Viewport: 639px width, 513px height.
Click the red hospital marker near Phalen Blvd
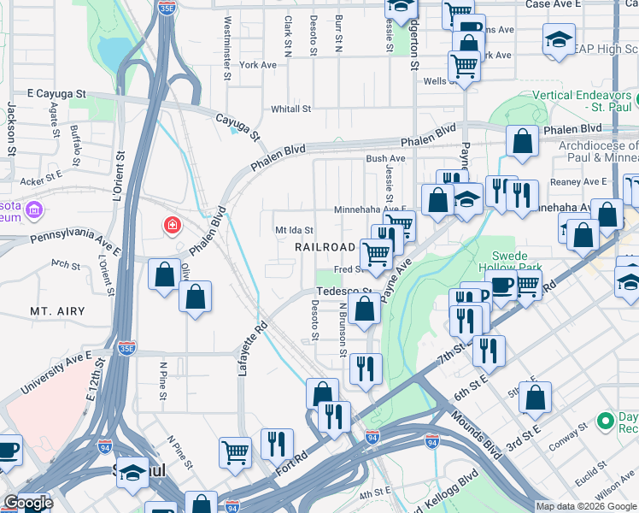[173, 226]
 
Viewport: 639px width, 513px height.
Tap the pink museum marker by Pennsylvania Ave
[33, 209]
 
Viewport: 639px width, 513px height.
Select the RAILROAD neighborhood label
[325, 247]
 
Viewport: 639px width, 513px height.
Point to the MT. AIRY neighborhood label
[57, 311]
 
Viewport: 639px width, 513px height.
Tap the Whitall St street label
[290, 109]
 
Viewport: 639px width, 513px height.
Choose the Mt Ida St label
[294, 230]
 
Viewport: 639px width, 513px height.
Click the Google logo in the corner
[27, 503]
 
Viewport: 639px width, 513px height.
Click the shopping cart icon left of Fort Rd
[235, 452]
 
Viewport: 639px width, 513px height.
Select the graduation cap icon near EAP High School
[559, 38]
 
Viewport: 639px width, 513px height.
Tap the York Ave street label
[258, 65]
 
